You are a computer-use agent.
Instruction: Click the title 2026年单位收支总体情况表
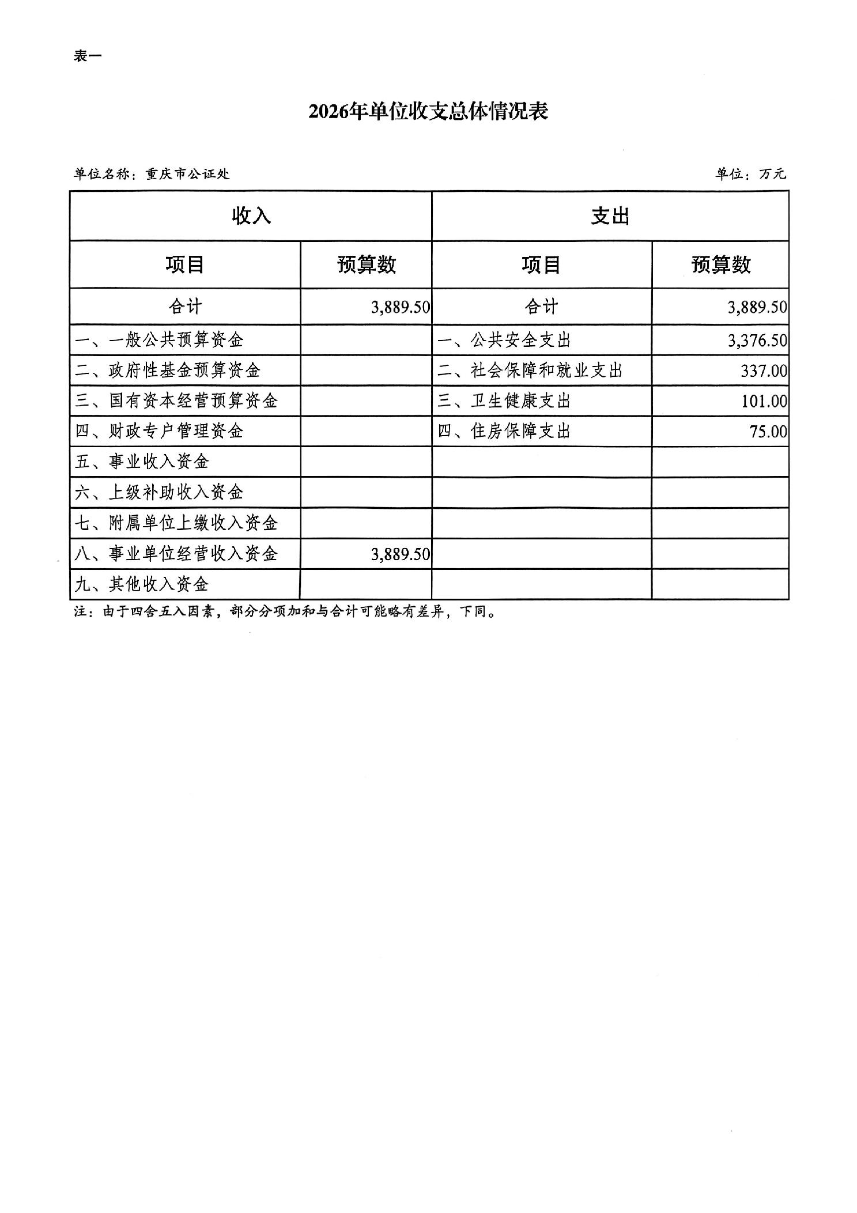[x=428, y=111]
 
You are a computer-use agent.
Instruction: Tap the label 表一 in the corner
[x=88, y=56]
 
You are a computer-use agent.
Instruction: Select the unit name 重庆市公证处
[x=188, y=174]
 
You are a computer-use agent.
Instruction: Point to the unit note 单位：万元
[x=750, y=174]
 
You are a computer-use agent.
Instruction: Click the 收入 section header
[x=251, y=216]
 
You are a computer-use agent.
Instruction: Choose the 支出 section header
[x=610, y=216]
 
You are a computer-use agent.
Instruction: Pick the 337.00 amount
[x=764, y=371]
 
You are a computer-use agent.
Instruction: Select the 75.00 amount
[x=768, y=432]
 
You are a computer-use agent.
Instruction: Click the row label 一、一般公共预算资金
[x=160, y=340]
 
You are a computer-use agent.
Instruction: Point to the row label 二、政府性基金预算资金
[x=168, y=371]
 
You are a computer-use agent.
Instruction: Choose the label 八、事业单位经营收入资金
[x=176, y=554]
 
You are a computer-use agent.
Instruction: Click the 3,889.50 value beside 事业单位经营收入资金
[x=401, y=554]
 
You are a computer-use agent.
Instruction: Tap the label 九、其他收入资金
[x=142, y=584]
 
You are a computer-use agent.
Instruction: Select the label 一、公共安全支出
[x=504, y=340]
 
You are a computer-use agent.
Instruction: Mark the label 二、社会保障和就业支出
[x=530, y=371]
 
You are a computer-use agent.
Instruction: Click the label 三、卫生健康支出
[x=504, y=401]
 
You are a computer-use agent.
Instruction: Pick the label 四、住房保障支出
[x=504, y=432]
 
